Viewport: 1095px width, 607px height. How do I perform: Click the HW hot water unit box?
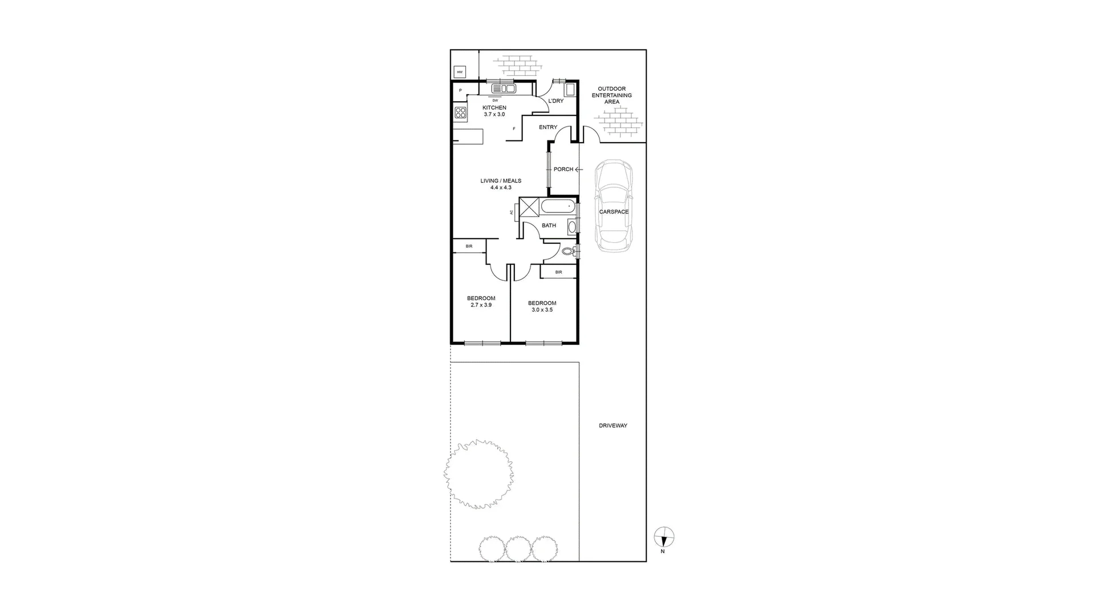[460, 72]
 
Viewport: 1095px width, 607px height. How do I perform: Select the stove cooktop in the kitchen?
[461, 112]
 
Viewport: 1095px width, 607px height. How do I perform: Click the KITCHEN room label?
[494, 107]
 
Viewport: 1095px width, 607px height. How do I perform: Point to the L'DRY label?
[555, 101]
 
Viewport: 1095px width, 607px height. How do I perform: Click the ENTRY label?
[548, 127]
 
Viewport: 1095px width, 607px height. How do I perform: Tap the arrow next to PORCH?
[579, 170]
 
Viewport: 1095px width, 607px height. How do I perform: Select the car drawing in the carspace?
[614, 206]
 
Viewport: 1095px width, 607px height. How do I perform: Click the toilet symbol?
[568, 251]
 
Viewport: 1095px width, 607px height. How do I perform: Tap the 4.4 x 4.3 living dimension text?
[501, 187]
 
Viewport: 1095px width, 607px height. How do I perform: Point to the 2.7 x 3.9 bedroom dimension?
[481, 305]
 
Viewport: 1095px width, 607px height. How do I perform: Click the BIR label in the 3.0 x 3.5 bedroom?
[558, 272]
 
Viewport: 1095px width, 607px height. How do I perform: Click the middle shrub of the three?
[518, 548]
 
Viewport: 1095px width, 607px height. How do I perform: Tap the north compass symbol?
[663, 538]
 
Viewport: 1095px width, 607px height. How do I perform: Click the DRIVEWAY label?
[613, 425]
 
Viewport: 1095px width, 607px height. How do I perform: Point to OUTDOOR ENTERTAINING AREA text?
[611, 95]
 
